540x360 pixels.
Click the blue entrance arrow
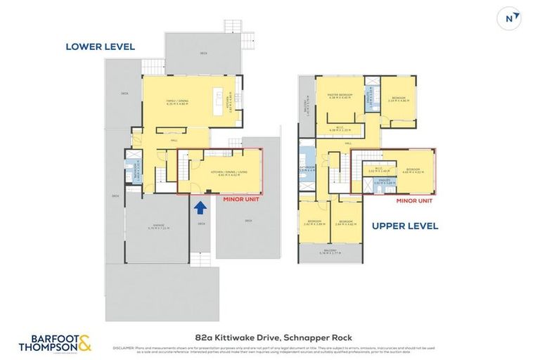point(200,207)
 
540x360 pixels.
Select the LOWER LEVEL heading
point(100,47)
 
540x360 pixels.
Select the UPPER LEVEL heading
point(404,226)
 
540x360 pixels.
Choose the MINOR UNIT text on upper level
point(415,200)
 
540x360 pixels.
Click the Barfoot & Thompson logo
point(57,343)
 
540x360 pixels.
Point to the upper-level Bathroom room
point(307,167)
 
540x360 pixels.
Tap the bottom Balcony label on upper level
point(330,251)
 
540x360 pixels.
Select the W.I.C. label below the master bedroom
point(339,128)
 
